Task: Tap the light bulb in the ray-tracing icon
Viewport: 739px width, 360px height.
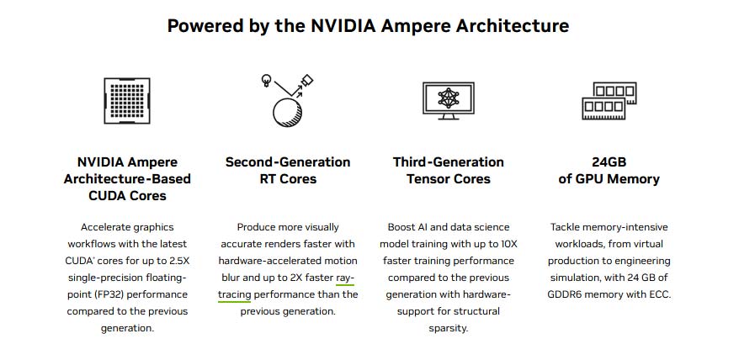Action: pos(267,81)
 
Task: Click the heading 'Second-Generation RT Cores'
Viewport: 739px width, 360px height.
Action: pos(288,170)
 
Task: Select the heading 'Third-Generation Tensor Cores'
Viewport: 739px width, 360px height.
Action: pos(448,170)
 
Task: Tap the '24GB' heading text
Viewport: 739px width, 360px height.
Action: pos(609,161)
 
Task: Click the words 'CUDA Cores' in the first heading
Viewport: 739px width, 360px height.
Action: pos(127,195)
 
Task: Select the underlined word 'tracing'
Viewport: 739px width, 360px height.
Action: pos(235,294)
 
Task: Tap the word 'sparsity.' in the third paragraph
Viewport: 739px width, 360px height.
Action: pos(448,328)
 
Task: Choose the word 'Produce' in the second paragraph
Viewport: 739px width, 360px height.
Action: pos(256,227)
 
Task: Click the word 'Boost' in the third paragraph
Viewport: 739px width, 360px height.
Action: pos(402,227)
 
